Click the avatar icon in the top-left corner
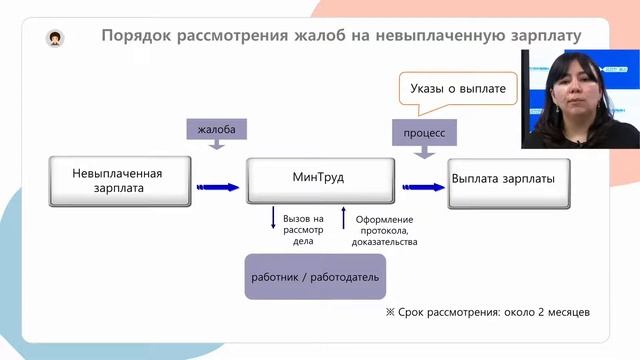tap(54, 38)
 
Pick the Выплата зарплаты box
tap(510, 180)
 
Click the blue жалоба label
tap(216, 130)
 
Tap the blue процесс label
tap(424, 132)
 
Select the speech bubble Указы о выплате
tap(458, 89)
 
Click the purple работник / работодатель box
tap(316, 276)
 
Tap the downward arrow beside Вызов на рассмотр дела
tap(273, 219)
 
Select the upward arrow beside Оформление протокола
tap(344, 218)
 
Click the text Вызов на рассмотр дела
tap(303, 229)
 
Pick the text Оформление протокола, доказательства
tap(384, 230)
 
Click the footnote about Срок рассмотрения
tap(487, 312)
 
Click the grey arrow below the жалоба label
tap(216, 148)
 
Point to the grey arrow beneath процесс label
tap(424, 151)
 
